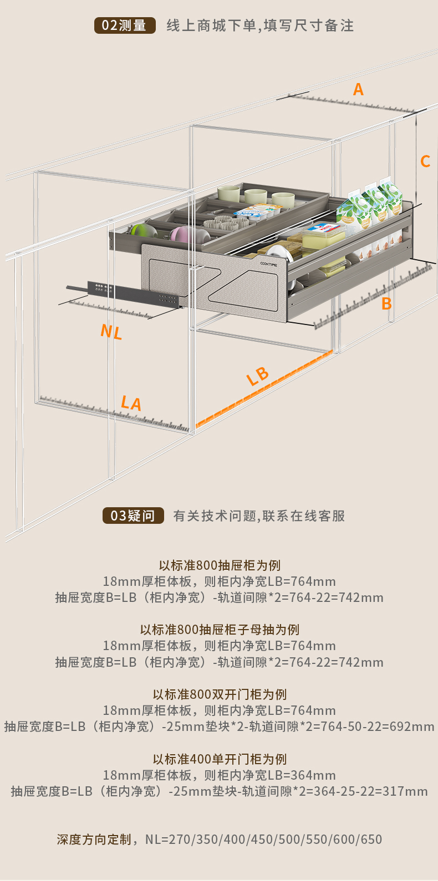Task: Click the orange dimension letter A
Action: click(x=358, y=89)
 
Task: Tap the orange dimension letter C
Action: click(x=425, y=161)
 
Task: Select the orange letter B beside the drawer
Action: click(x=386, y=303)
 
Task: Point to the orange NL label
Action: click(x=111, y=332)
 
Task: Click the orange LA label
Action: click(x=131, y=403)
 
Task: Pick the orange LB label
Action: click(x=258, y=376)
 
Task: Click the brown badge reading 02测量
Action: click(x=124, y=25)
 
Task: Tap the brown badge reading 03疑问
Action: click(x=133, y=516)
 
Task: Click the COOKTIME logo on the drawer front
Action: click(x=270, y=264)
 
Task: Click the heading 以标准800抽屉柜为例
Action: click(x=220, y=565)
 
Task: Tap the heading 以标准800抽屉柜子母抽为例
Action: click(x=220, y=630)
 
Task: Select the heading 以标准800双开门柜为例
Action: click(x=220, y=694)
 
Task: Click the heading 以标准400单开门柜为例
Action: click(x=220, y=759)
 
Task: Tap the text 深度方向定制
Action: click(x=94, y=839)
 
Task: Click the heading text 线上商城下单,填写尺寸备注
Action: click(x=260, y=25)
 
